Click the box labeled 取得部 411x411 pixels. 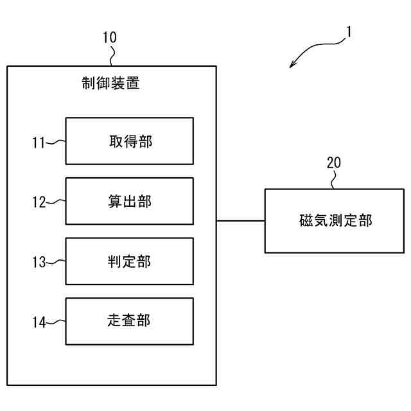[x=129, y=141]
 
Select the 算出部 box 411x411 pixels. [x=129, y=201]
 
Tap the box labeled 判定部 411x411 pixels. [x=129, y=261]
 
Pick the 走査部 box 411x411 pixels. [x=129, y=321]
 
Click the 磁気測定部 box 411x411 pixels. [x=335, y=220]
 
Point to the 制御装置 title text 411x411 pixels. [x=110, y=83]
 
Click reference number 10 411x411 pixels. [x=110, y=37]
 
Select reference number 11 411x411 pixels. [x=39, y=143]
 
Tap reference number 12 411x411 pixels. [x=39, y=202]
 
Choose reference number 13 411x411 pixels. [x=39, y=262]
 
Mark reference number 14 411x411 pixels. [x=39, y=322]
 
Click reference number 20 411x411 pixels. [x=333, y=162]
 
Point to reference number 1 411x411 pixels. [x=349, y=31]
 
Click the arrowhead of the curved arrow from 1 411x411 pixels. [x=293, y=64]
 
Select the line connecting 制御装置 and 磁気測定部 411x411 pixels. [x=240, y=221]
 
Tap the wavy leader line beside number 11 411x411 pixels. [x=57, y=141]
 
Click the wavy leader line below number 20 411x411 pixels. [x=333, y=181]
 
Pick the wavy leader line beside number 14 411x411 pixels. [x=57, y=321]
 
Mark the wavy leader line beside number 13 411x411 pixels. [x=57, y=261]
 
